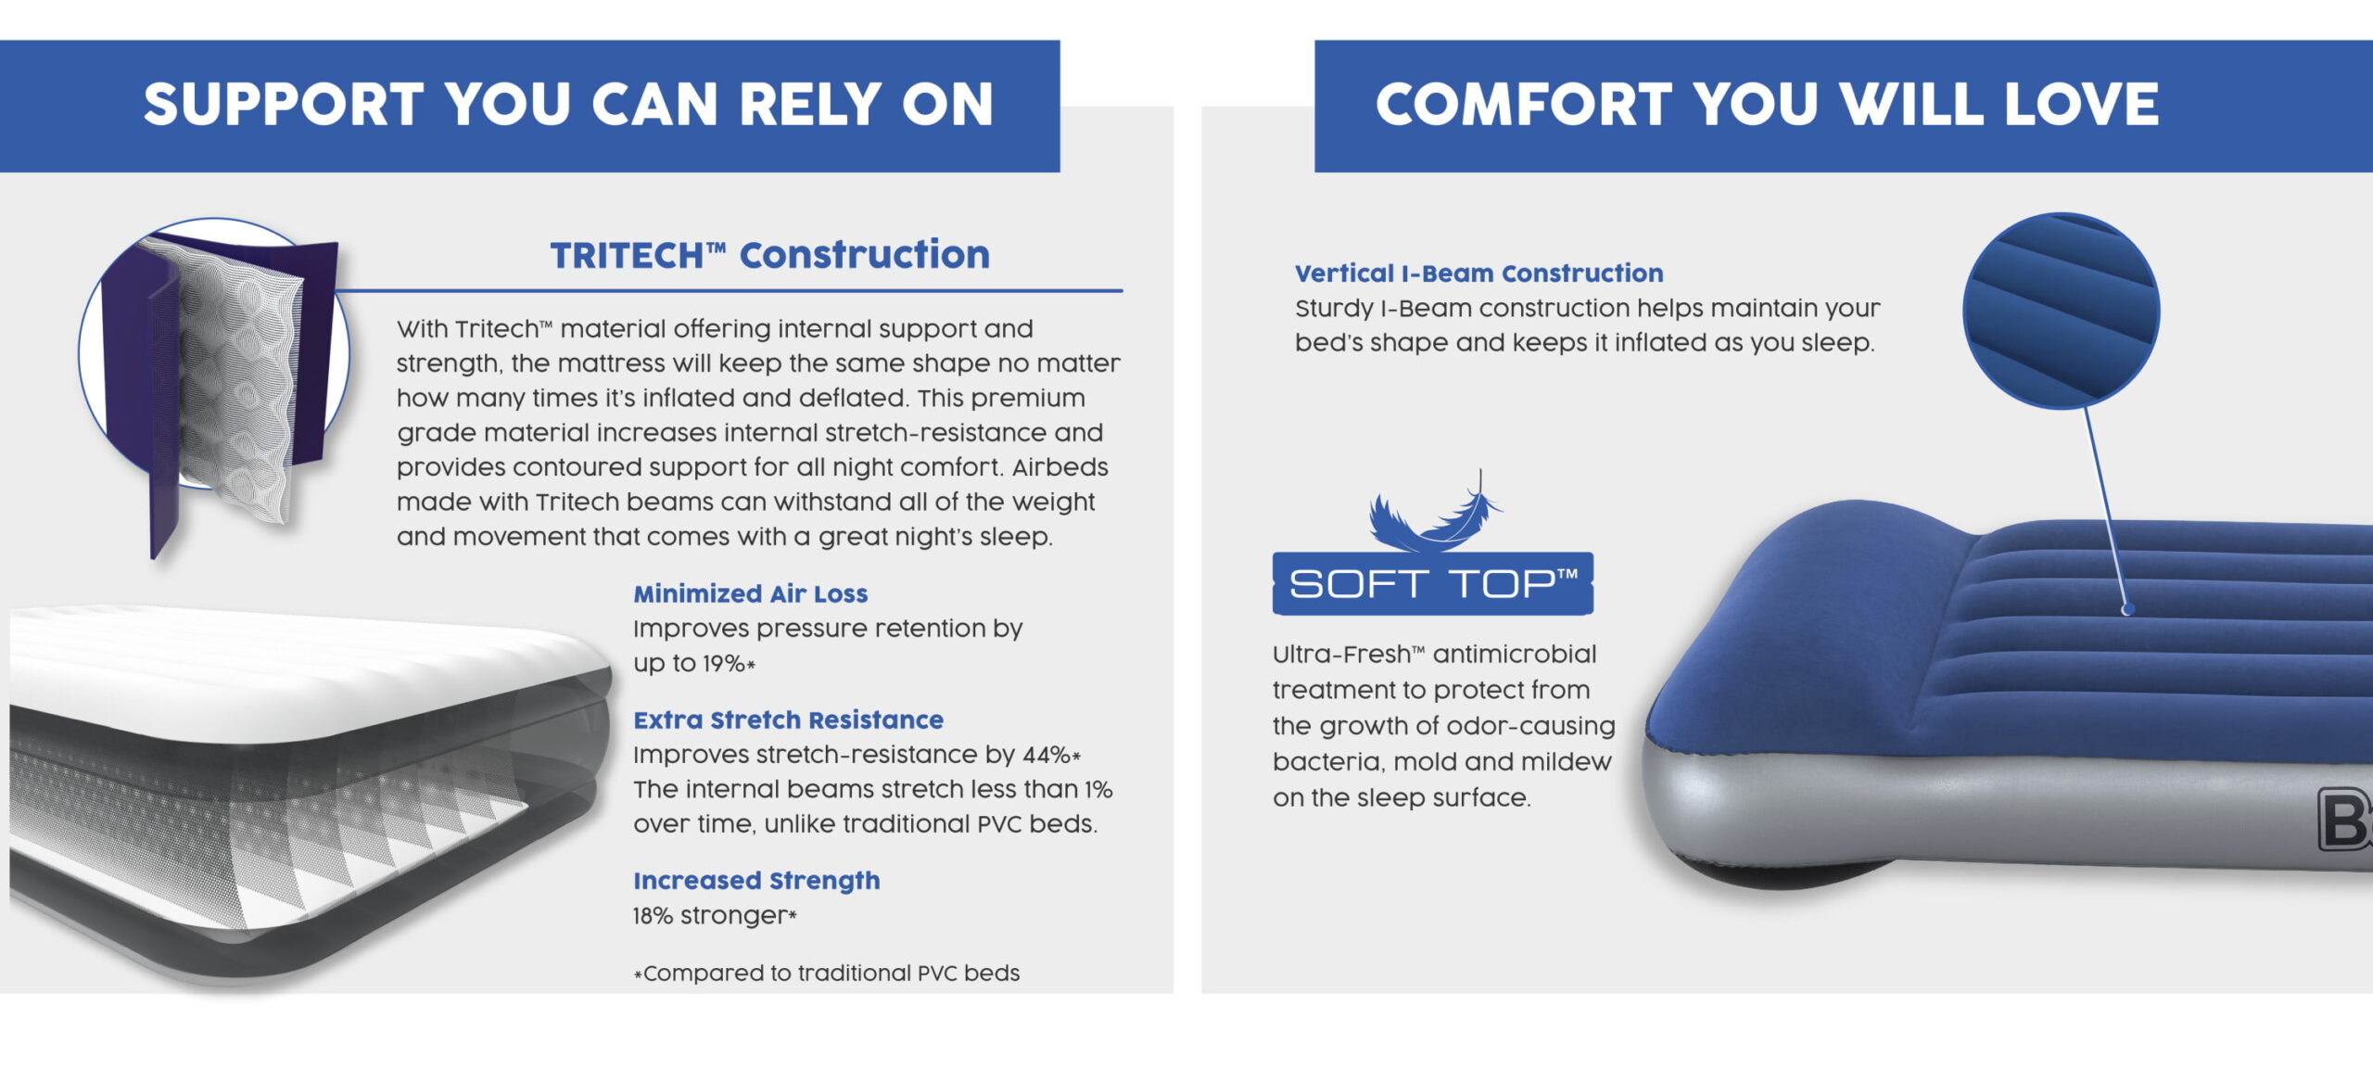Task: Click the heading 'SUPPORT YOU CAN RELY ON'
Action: [568, 104]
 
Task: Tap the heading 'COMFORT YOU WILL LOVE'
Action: [1767, 104]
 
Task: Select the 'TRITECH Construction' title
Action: [769, 255]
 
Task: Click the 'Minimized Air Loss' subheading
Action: [751, 593]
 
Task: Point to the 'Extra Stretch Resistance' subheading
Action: [788, 719]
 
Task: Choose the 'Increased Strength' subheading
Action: [756, 881]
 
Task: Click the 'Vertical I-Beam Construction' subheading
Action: [1478, 274]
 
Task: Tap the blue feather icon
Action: [1435, 512]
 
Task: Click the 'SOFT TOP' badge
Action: [1433, 583]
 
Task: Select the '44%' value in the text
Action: [1047, 755]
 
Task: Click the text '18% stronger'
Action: [710, 916]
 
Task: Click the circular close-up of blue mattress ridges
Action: [2062, 311]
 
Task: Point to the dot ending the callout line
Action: [2128, 609]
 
